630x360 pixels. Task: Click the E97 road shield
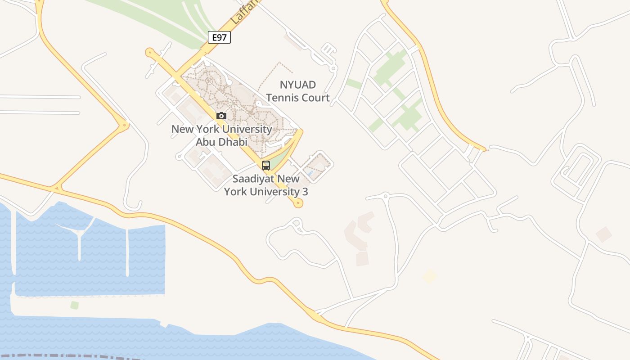point(219,37)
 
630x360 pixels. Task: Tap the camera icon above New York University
point(221,116)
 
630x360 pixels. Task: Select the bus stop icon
point(266,165)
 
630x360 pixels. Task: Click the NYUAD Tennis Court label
point(298,91)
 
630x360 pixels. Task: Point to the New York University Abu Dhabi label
point(221,135)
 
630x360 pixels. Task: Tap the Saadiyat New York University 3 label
point(266,185)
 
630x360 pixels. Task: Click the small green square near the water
point(74,305)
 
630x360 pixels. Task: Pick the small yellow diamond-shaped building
point(430,276)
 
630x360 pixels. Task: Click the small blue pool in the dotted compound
point(310,173)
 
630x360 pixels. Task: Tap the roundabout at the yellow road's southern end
point(297,203)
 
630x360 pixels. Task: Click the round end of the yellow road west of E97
point(149,52)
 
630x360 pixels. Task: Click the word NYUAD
point(297,85)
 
